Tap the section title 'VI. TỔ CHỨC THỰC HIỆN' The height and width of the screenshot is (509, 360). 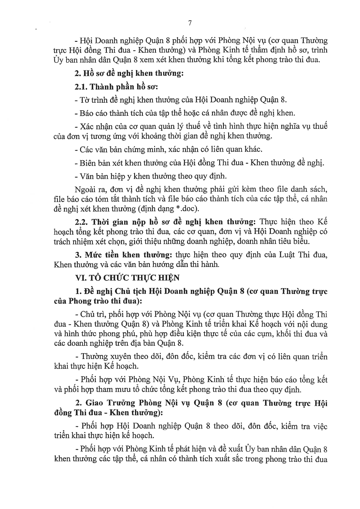pyautogui.click(x=127, y=278)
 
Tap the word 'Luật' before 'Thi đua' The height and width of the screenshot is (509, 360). pyautogui.click(x=294, y=255)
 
